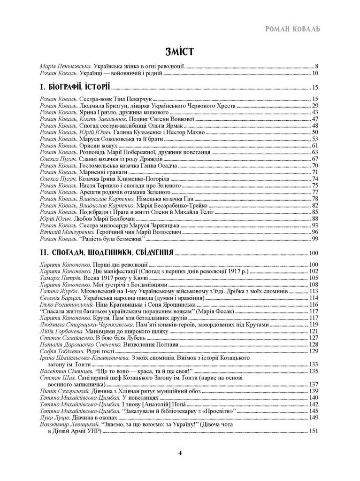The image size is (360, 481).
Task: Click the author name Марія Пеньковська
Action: pos(65,66)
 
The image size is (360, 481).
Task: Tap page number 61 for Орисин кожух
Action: pos(315,146)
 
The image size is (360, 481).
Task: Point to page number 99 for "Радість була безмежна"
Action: pos(315,239)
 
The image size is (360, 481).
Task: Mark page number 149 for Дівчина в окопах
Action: pos(313,417)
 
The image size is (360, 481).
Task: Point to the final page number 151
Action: pos(313,431)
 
